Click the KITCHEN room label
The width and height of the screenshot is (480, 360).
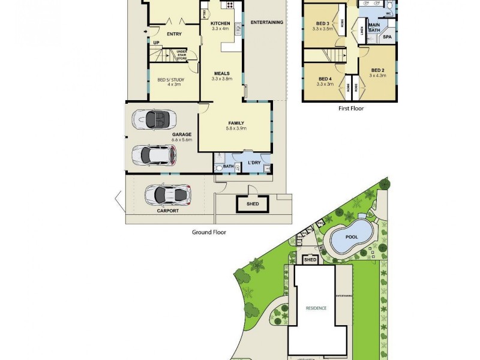coord(220,23)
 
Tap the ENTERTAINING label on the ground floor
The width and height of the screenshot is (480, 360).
coord(266,23)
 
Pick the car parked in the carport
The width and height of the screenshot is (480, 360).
coord(168,194)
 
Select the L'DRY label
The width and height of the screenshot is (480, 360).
coord(254,163)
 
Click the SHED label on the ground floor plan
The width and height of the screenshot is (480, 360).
coord(253,204)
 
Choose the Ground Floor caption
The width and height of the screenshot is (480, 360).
coord(208,232)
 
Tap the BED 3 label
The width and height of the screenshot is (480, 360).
coord(322,25)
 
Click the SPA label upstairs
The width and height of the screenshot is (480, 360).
coord(388,37)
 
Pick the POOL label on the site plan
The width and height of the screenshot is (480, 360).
coord(352,236)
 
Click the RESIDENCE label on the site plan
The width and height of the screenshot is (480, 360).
coord(316,308)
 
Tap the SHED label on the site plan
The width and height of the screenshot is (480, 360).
coord(310,260)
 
